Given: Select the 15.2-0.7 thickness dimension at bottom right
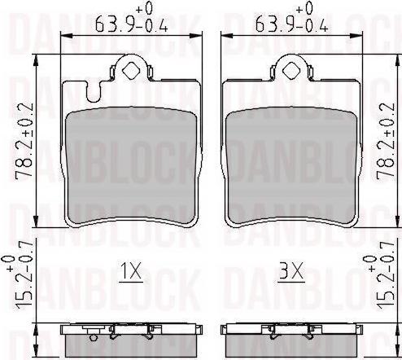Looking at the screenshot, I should [382, 283].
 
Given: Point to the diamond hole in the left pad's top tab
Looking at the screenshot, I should [131, 68].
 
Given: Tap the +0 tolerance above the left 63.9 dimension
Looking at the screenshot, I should [146, 7].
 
